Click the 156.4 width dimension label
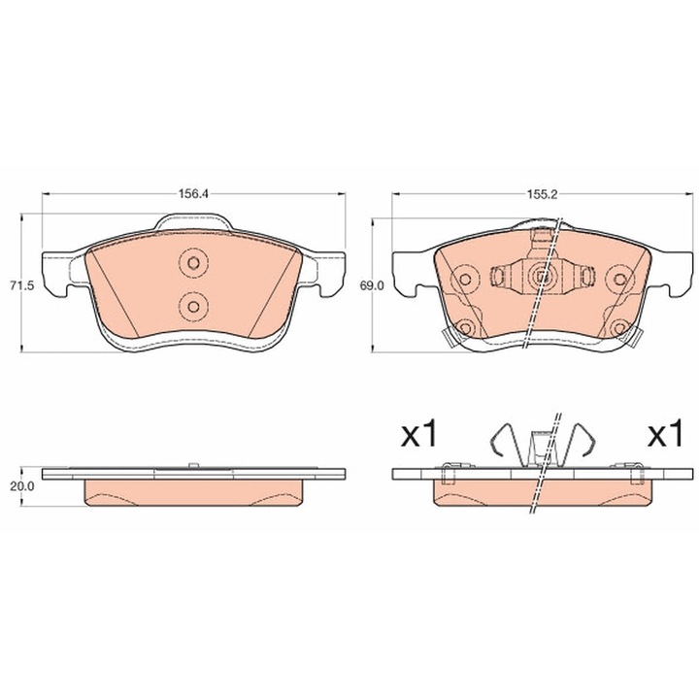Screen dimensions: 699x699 coord(192,193)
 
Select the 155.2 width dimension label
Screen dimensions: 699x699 coord(542,193)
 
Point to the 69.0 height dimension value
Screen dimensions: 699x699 coord(372,287)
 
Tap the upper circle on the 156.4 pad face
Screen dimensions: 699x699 coord(192,263)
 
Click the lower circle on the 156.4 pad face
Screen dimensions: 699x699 coord(192,307)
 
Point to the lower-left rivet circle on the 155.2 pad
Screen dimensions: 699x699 coord(464,326)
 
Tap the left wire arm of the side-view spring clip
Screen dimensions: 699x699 coord(498,441)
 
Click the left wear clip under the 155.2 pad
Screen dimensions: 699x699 coord(448,337)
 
